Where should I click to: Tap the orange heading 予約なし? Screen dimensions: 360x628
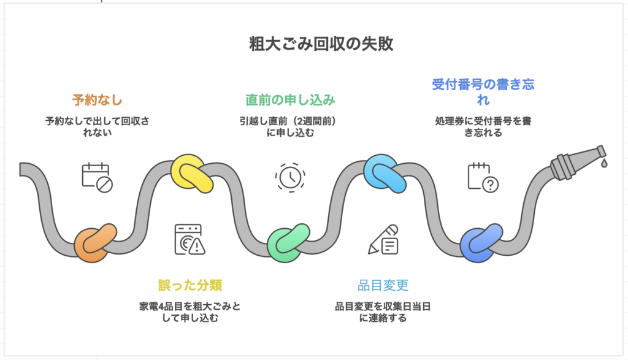pyautogui.click(x=97, y=99)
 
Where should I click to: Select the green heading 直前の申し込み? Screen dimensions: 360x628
pyautogui.click(x=291, y=99)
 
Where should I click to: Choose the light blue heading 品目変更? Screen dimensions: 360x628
pyautogui.click(x=383, y=285)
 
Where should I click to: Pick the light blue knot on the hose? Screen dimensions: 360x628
pyautogui.click(x=384, y=173)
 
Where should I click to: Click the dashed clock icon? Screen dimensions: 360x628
pyautogui.click(x=289, y=176)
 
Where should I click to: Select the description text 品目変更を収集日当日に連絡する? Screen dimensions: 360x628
pyautogui.click(x=383, y=312)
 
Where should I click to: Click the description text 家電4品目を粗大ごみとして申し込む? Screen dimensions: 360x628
pyautogui.click(x=190, y=312)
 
